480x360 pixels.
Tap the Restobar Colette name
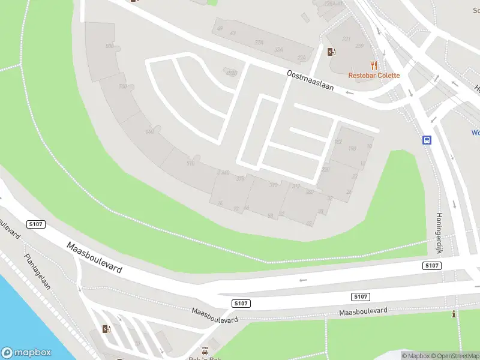coord(374,76)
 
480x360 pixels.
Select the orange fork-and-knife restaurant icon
coord(374,65)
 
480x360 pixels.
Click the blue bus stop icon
coord(427,140)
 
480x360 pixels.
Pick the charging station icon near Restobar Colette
coord(331,52)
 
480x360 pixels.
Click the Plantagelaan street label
coord(37,272)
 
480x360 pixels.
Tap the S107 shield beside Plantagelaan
coord(36,224)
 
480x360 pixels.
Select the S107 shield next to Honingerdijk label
coord(431,265)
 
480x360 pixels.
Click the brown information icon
coord(454,314)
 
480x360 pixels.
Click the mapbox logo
coord(26,353)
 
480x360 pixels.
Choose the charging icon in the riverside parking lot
coord(107,329)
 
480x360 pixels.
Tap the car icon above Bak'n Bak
coord(205,350)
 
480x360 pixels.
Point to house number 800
coord(109,46)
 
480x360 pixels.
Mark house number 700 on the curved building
coord(123,86)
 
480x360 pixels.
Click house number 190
coord(352,148)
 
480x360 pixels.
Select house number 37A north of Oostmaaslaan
coord(259,42)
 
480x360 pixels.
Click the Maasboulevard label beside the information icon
coord(363,312)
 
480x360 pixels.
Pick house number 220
coord(326,170)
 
